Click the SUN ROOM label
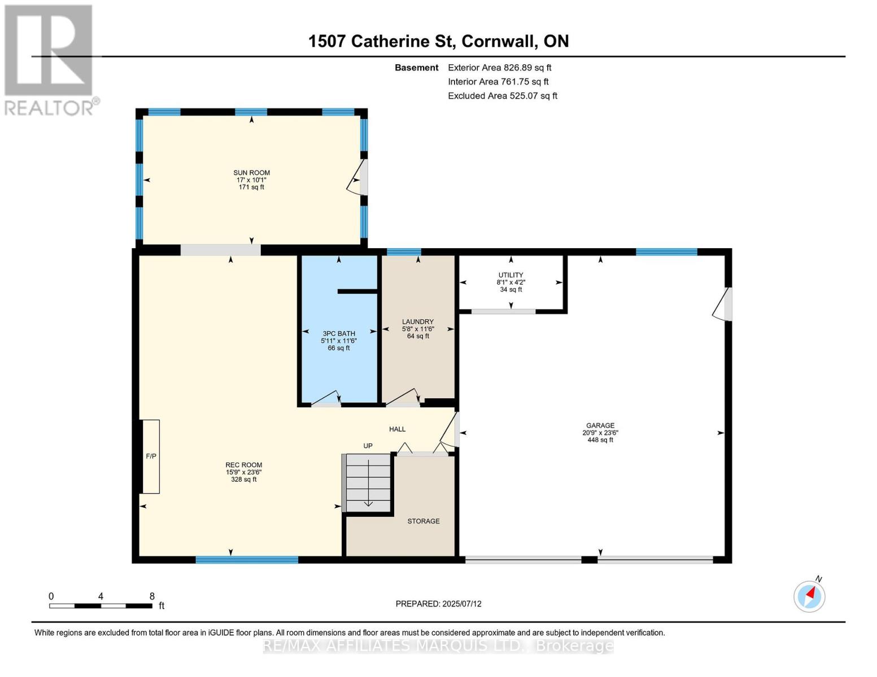tap(251, 173)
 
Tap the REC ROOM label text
tap(243, 465)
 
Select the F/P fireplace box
tap(151, 456)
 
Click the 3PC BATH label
tap(339, 334)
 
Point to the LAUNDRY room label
tap(418, 322)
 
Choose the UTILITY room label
tap(511, 275)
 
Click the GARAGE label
tap(600, 426)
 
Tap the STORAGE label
tap(424, 521)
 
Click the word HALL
tap(397, 429)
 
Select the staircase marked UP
tap(368, 482)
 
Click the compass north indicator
tap(810, 596)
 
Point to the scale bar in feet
tap(101, 606)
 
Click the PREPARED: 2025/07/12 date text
tap(438, 604)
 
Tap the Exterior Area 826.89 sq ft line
tap(499, 68)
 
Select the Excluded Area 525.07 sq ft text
tap(502, 96)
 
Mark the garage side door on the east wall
tap(723, 305)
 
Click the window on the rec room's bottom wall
tap(247, 560)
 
